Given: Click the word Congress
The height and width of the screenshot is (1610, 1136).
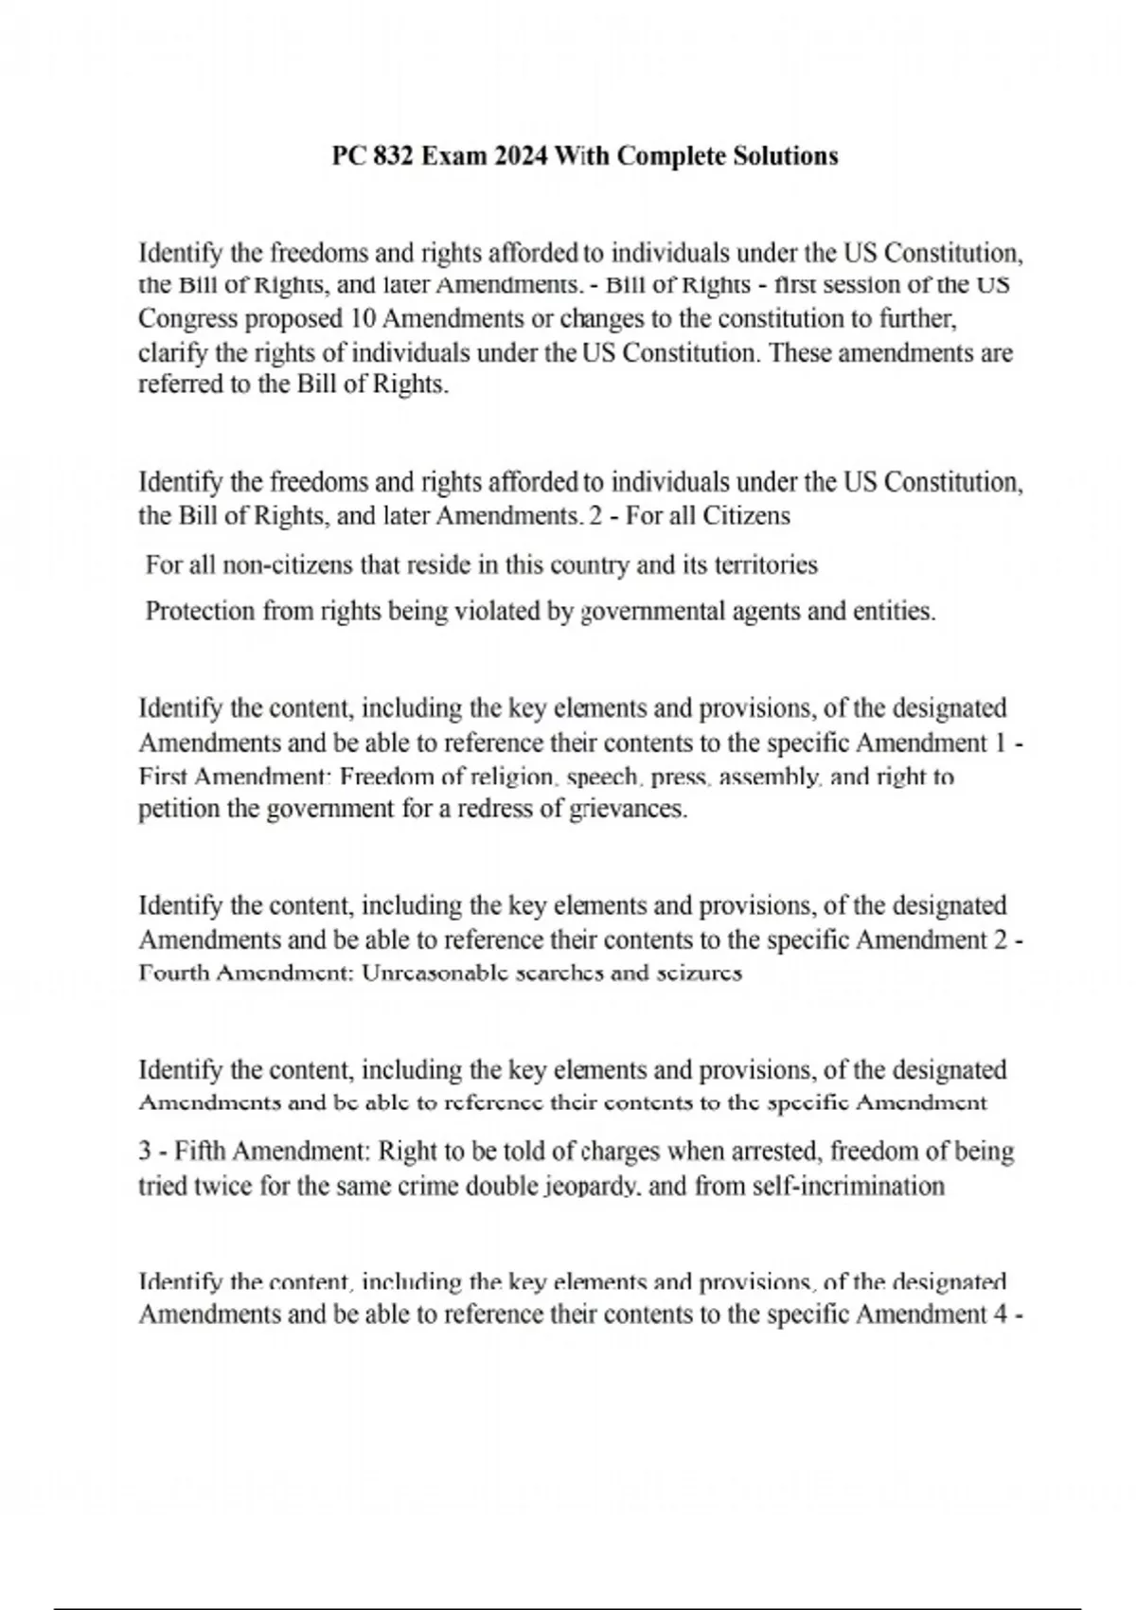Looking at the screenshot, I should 187,319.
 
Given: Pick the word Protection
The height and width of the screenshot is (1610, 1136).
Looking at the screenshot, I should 200,611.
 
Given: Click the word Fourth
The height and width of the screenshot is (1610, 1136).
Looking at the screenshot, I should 173,974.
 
